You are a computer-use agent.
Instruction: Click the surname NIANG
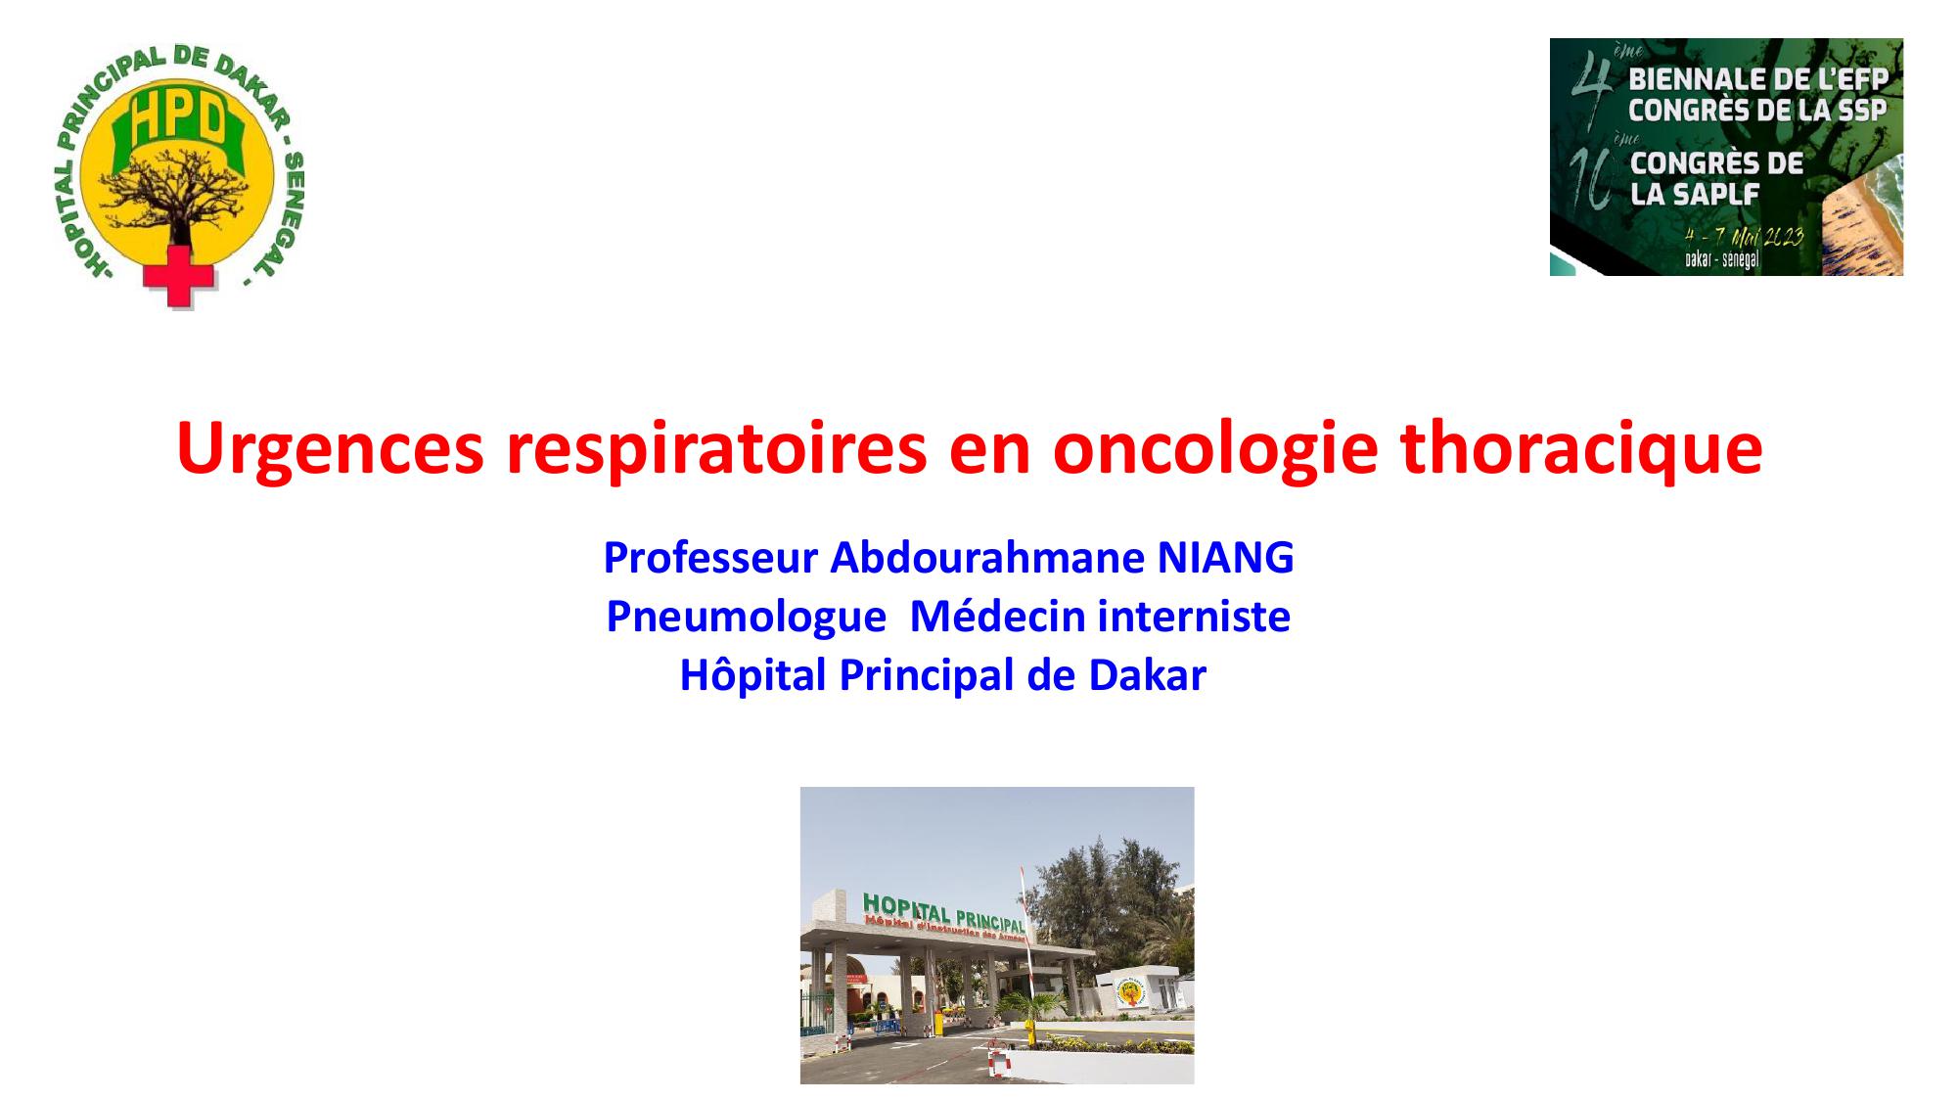point(1225,558)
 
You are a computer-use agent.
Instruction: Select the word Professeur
point(710,558)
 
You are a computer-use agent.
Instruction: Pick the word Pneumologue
point(746,617)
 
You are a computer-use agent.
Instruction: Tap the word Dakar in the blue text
point(1147,675)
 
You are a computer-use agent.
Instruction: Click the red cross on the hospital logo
point(177,277)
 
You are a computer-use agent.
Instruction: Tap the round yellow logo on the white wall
point(1131,992)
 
